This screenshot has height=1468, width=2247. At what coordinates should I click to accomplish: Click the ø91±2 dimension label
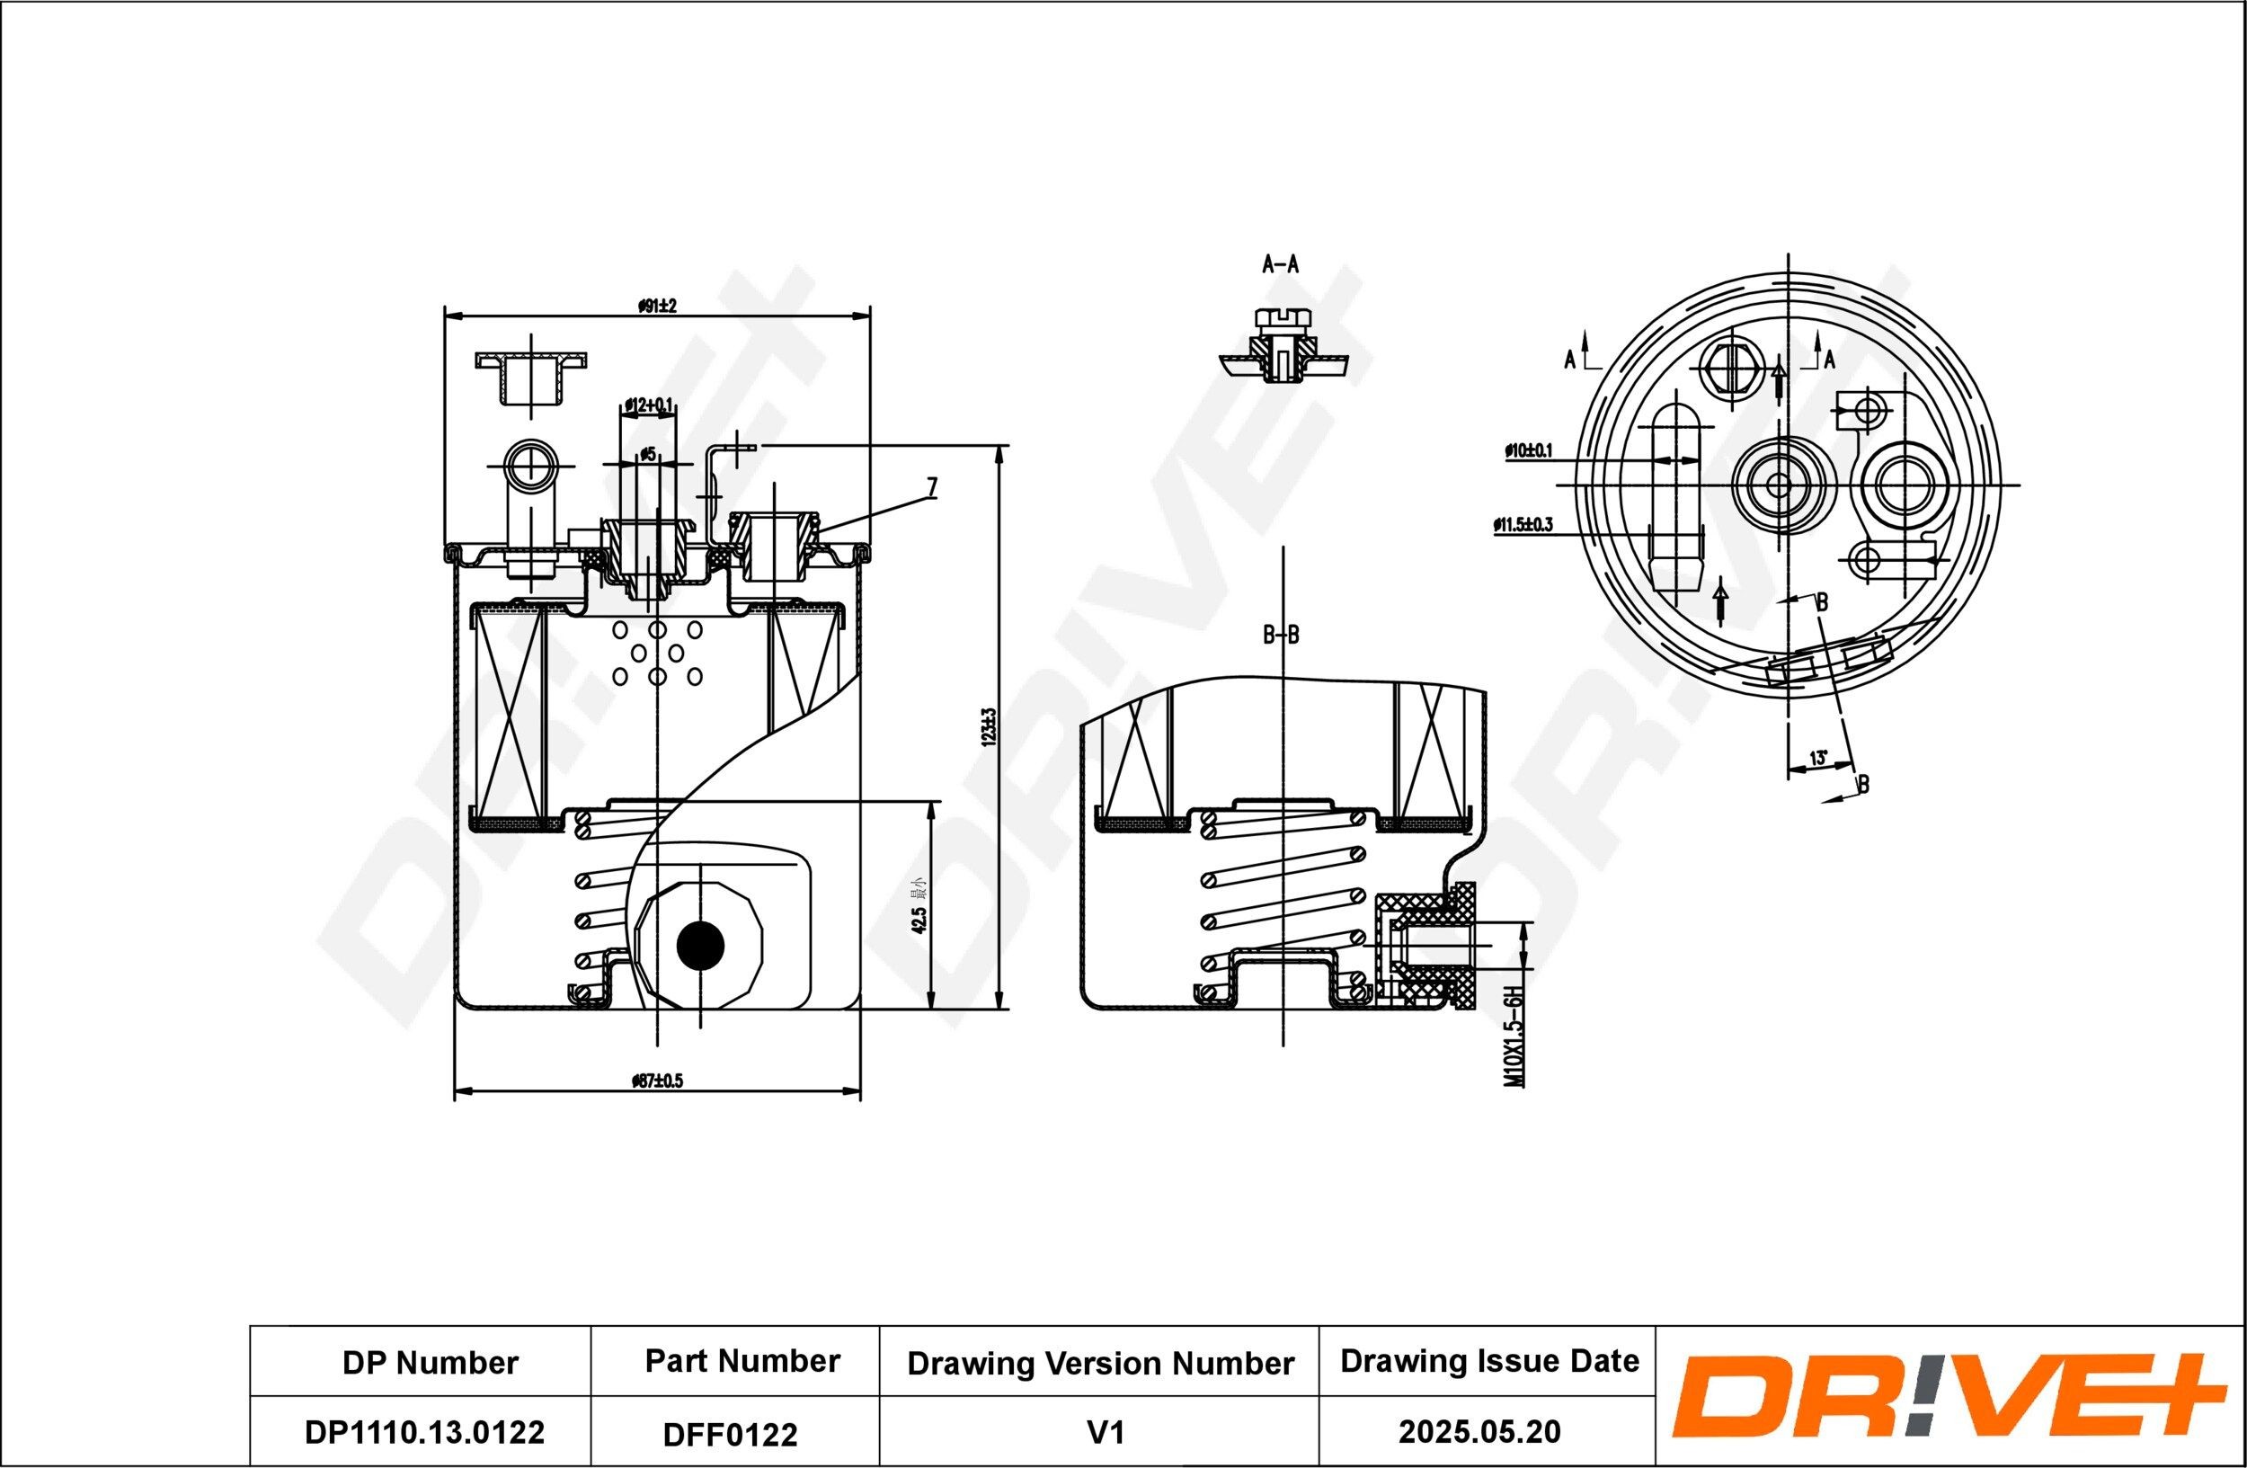tap(657, 306)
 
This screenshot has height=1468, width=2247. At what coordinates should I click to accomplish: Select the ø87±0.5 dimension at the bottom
tap(657, 1081)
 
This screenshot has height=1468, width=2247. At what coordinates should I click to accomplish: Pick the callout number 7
tap(932, 487)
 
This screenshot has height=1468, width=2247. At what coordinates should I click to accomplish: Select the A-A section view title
tap(1280, 264)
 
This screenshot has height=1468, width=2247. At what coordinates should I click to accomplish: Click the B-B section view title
tap(1281, 636)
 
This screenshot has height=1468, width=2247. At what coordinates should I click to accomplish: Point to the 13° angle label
tap(1817, 757)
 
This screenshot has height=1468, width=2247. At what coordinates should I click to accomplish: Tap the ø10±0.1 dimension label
tap(1528, 451)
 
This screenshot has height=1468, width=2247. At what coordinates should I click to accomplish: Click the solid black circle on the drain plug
tap(700, 944)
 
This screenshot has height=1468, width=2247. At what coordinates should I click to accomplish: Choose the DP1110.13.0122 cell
tap(424, 1432)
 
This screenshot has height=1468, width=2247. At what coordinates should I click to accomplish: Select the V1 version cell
tap(1105, 1433)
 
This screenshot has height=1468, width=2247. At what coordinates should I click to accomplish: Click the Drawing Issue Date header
tap(1489, 1360)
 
